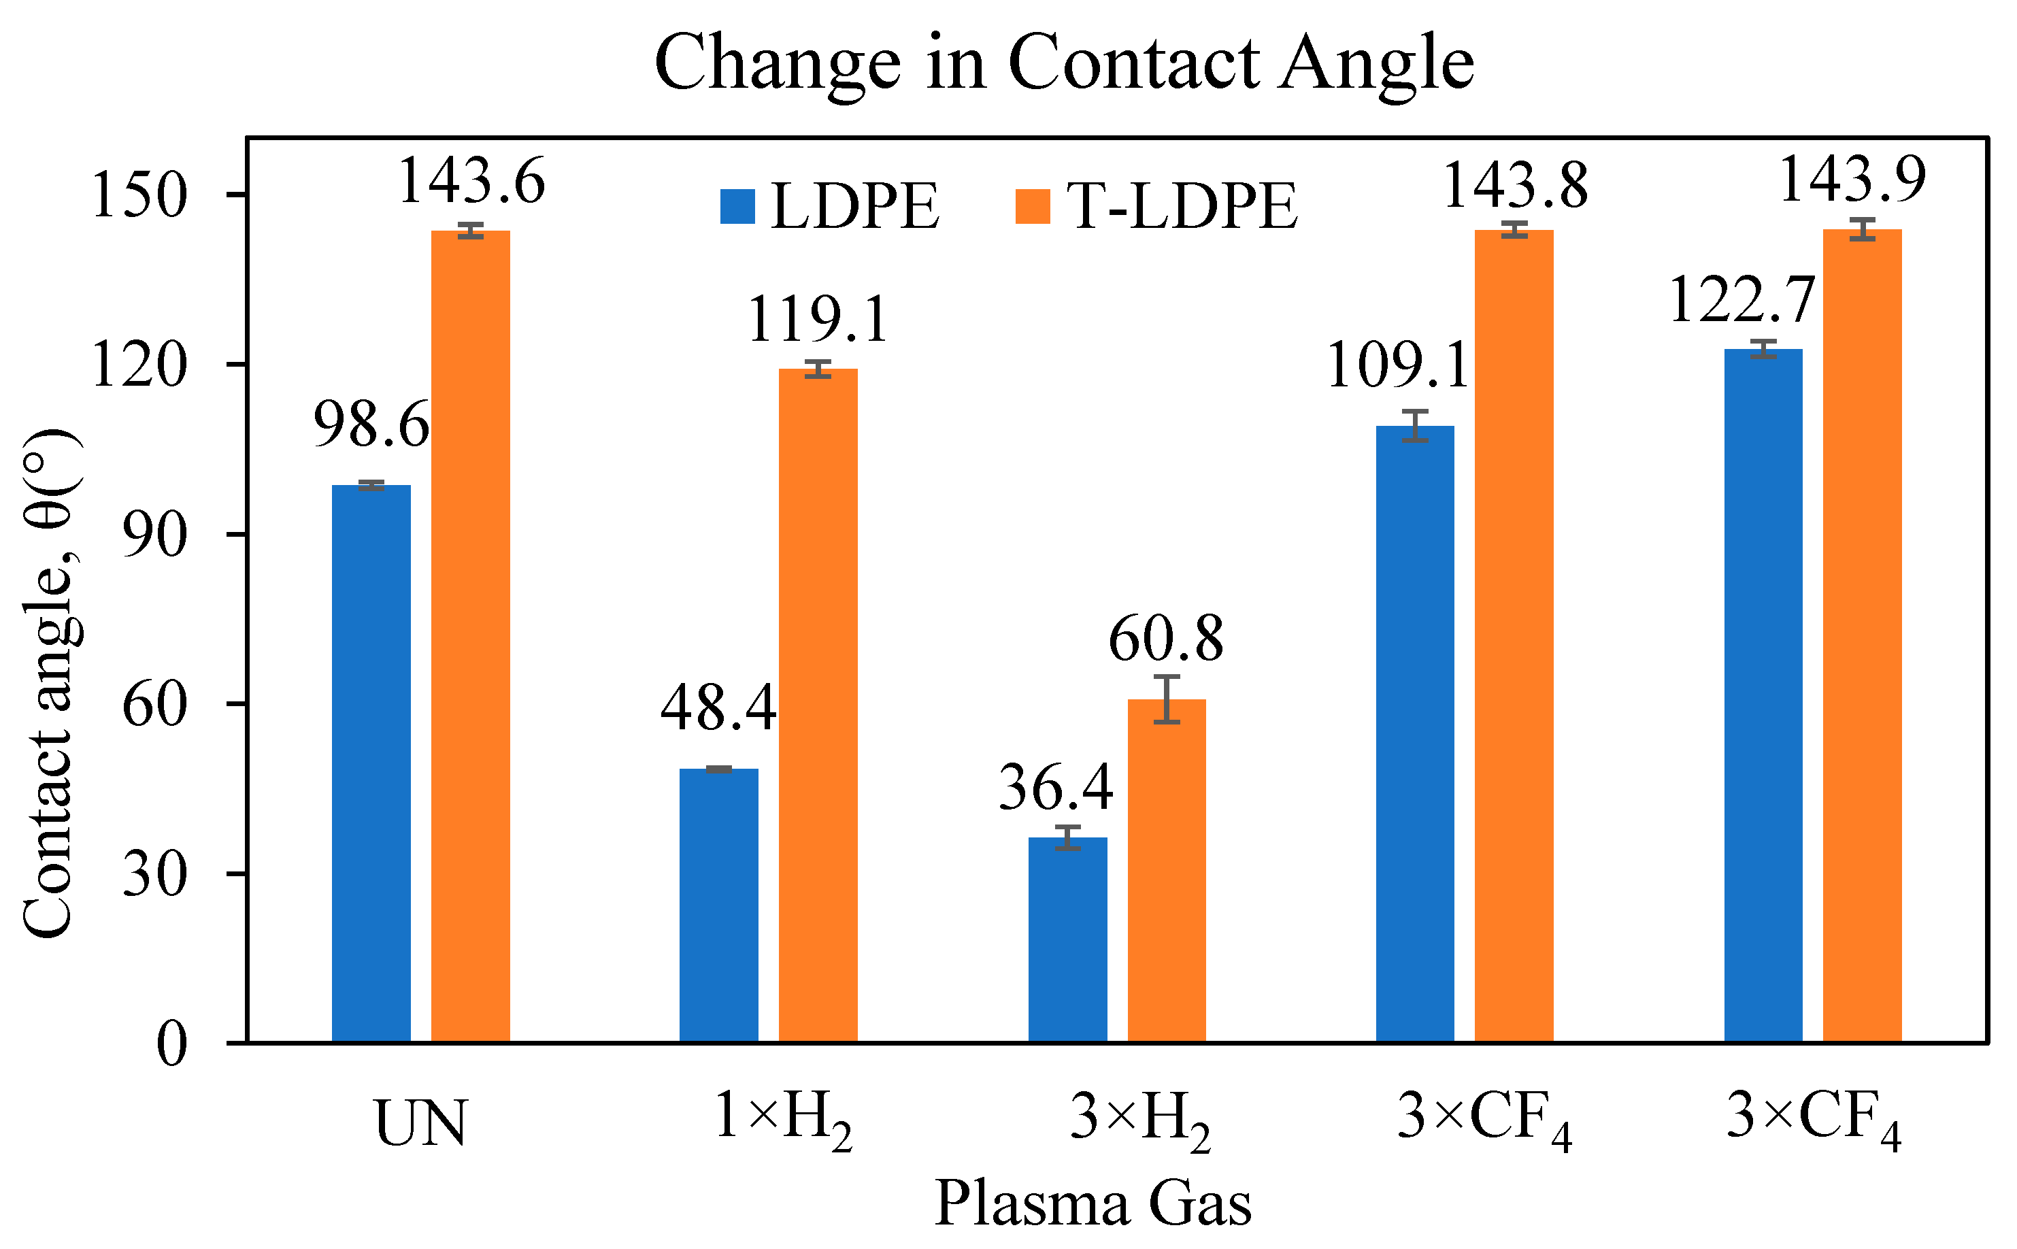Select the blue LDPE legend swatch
(x=737, y=207)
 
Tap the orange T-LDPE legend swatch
(x=1033, y=207)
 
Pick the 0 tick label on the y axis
(x=172, y=1044)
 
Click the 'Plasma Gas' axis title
(x=1093, y=1203)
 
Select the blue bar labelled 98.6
(x=371, y=764)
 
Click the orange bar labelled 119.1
(x=818, y=705)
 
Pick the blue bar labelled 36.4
(x=1067, y=940)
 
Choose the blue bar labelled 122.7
(x=1763, y=695)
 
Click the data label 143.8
(x=1515, y=186)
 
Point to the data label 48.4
(x=718, y=708)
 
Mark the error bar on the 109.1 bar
(x=1415, y=425)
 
